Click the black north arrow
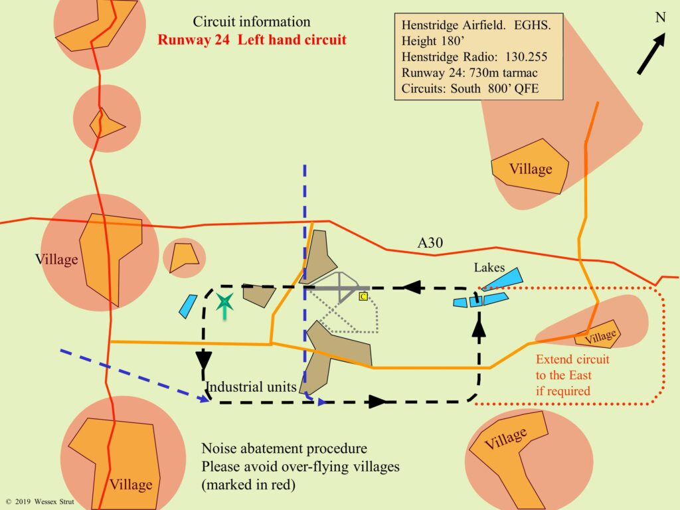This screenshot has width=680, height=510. (x=651, y=54)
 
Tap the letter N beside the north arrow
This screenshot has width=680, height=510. (x=661, y=18)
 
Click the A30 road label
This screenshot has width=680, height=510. (x=430, y=244)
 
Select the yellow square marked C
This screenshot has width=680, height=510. (x=363, y=297)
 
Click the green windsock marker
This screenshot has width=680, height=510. (x=225, y=304)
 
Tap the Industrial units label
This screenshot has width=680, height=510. (x=250, y=387)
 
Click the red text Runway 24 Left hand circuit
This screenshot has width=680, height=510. (x=252, y=39)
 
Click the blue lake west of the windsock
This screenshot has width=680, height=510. (x=187, y=306)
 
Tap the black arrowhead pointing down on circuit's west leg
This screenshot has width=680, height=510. (x=203, y=361)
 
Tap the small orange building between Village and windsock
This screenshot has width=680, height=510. (x=183, y=258)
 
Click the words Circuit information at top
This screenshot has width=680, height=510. (x=252, y=22)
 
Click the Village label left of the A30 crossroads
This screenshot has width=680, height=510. (x=56, y=260)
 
